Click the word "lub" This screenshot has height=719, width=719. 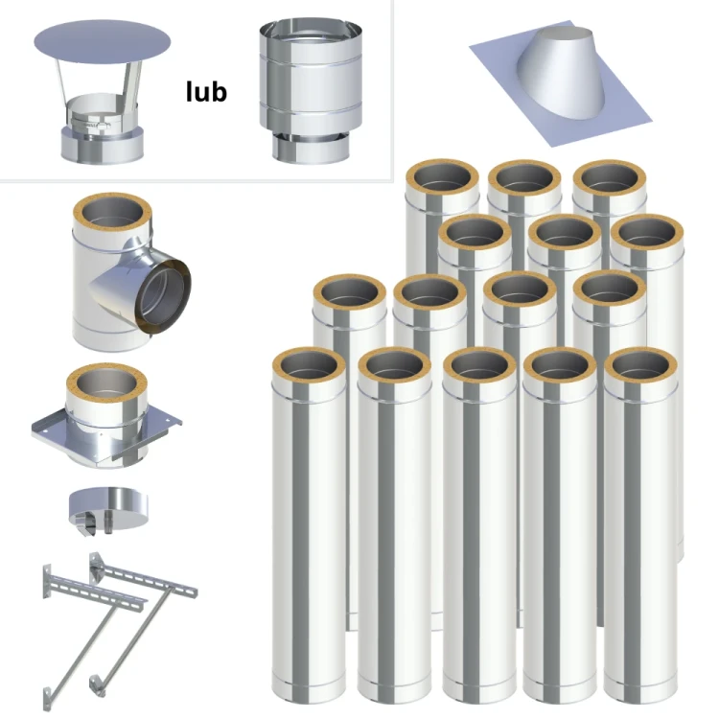pos(206,91)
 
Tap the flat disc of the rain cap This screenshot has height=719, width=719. pos(103,42)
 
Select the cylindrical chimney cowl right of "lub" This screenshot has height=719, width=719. pos(311,91)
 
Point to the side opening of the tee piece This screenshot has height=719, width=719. pos(163,296)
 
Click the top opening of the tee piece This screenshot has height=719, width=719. pos(112,215)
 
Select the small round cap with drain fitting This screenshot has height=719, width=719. pos(108,510)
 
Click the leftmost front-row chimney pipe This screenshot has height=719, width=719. pos(309,525)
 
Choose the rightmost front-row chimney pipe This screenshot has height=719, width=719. pos(640,525)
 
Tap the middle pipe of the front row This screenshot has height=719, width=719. pos(479,525)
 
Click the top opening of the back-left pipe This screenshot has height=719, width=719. pos(442,179)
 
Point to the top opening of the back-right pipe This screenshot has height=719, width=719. pos(610,180)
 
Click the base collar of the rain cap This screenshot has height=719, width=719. pos(103,146)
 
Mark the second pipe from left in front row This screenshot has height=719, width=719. pos(394,525)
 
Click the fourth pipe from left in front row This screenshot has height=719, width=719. pos(560,525)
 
